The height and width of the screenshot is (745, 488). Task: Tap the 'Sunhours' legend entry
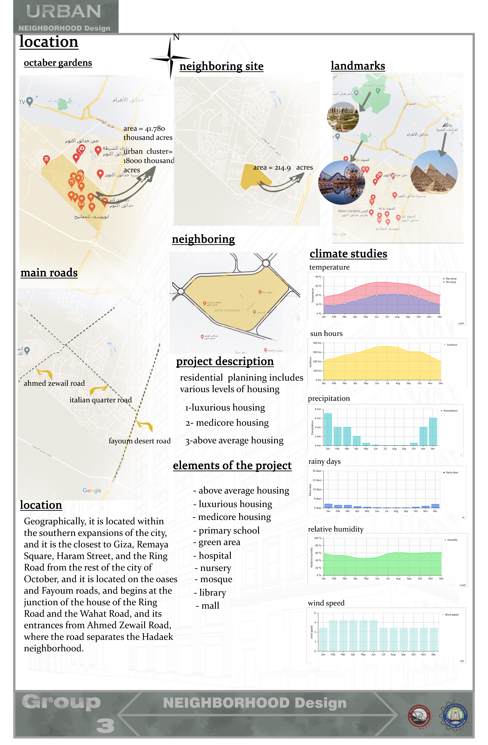coord(451,345)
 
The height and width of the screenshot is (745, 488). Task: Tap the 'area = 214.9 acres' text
coord(283,167)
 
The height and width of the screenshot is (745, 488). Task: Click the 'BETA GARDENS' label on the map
coord(227,310)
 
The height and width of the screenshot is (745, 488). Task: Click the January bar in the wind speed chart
coord(323,639)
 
